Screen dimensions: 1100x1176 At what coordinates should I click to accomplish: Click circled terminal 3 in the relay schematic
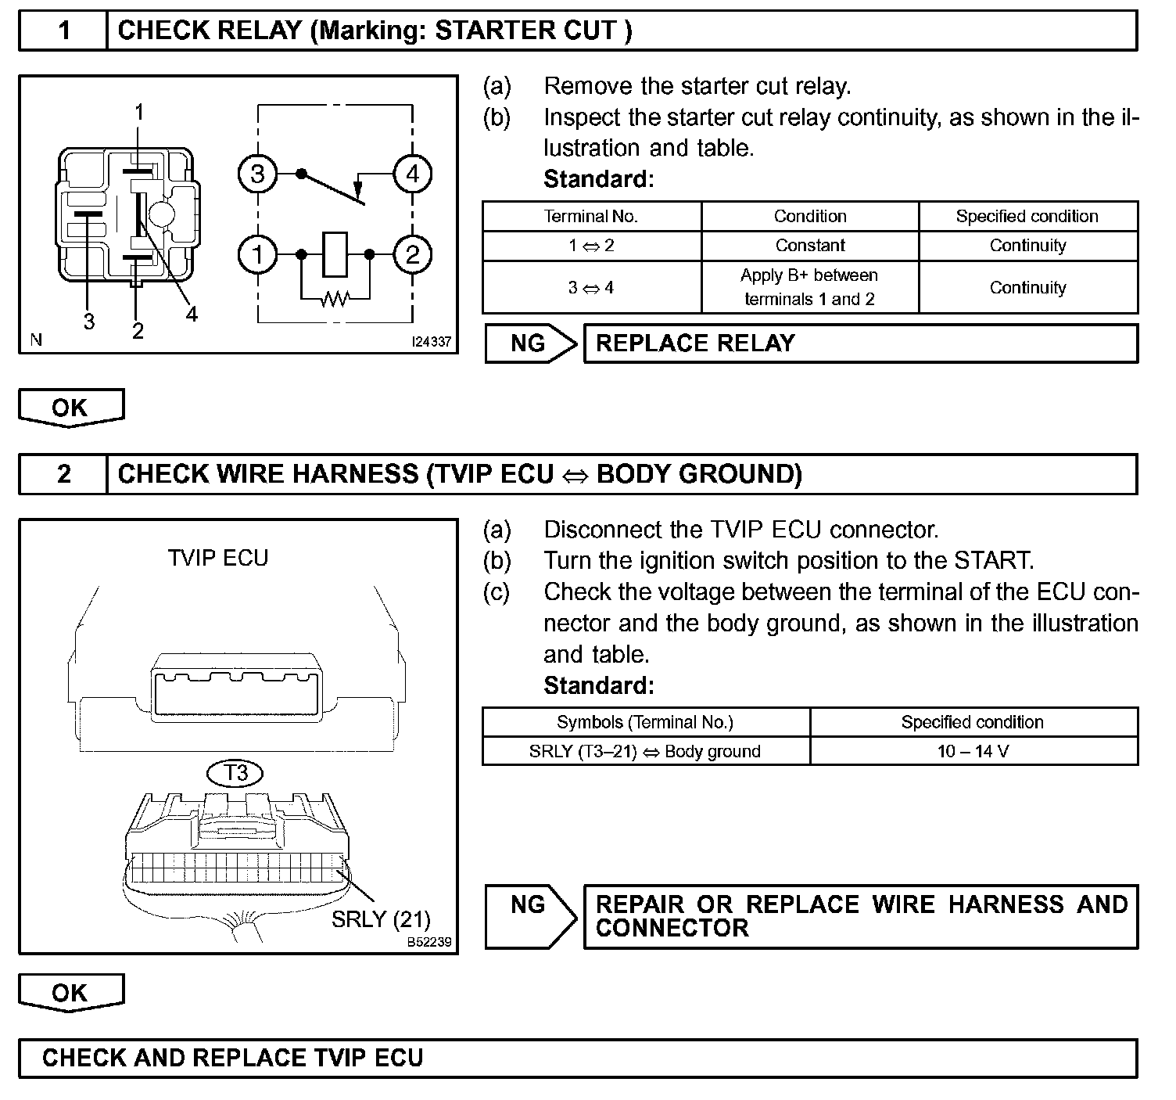257,174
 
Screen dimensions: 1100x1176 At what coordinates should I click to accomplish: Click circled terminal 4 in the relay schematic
412,173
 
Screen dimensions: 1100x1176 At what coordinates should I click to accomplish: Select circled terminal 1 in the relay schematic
257,254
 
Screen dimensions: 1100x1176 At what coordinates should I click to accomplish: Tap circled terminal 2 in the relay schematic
412,254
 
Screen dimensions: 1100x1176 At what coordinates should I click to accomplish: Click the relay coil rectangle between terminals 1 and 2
335,254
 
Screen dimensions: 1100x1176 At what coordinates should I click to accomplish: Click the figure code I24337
432,342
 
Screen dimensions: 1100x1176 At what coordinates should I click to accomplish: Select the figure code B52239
429,942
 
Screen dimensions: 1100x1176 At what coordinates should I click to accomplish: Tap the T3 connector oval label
235,773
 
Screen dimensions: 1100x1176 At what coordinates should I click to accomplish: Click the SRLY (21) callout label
381,918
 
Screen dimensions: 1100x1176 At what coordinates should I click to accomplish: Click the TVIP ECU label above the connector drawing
218,558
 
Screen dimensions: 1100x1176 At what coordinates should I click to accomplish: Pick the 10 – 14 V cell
973,751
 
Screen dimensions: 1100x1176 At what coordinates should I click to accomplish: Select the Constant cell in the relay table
810,246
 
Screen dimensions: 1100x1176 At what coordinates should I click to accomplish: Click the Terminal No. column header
591,216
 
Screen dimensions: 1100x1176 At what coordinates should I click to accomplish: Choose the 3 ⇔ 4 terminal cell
591,287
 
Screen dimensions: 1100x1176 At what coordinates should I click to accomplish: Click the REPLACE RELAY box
860,343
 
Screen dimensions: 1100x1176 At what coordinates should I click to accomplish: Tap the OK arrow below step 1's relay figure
70,408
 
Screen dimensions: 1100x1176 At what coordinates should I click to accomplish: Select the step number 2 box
63,474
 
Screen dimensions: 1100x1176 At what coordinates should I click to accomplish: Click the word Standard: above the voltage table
598,685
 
